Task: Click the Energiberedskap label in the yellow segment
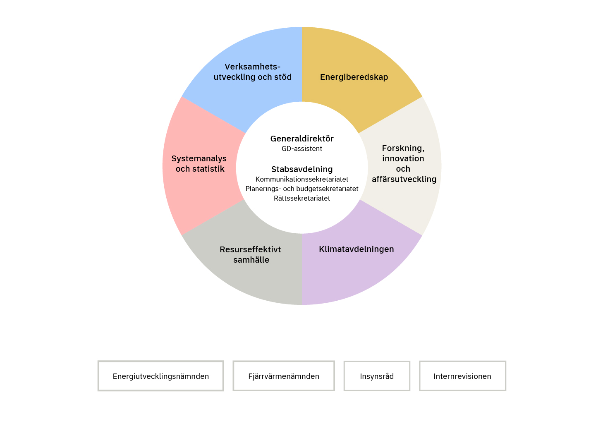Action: click(354, 77)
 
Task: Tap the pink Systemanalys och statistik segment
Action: click(199, 164)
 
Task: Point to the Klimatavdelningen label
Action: click(356, 249)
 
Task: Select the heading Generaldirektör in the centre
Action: click(302, 139)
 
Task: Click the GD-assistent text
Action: click(302, 149)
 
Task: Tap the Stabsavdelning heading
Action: click(302, 169)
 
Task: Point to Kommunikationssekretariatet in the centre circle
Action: click(302, 179)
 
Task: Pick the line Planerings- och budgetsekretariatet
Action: click(302, 189)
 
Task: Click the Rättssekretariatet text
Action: click(302, 198)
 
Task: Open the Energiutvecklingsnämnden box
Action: click(161, 376)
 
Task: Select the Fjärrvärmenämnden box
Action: click(284, 376)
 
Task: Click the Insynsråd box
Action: click(377, 376)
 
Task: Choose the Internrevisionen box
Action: click(462, 376)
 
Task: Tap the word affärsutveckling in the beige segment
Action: click(404, 179)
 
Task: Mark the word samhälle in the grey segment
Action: click(251, 260)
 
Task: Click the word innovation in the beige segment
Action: click(403, 158)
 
